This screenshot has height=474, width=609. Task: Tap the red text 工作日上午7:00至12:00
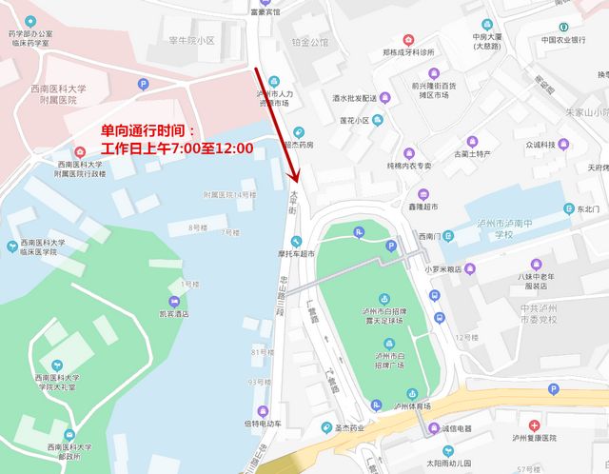177,148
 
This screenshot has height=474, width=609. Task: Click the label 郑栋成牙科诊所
408,51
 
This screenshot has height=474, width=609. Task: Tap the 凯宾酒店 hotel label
173,313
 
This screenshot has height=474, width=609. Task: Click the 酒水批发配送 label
354,97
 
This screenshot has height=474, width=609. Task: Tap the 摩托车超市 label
295,254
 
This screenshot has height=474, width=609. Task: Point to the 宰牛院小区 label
192,41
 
